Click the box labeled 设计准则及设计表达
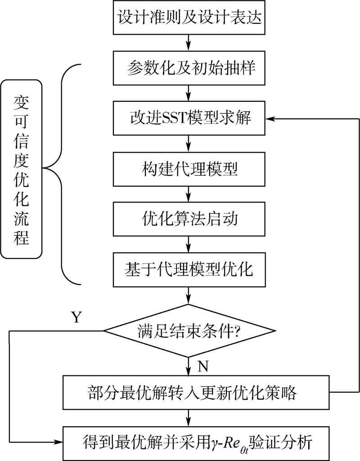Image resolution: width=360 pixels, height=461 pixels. click(x=189, y=18)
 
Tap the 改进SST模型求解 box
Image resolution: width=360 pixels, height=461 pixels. click(x=189, y=118)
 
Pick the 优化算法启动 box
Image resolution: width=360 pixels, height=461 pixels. click(x=189, y=219)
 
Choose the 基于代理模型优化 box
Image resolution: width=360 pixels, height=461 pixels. click(x=189, y=269)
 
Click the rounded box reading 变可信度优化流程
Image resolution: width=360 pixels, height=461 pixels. click(x=21, y=168)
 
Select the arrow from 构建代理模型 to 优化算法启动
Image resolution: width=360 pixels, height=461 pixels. click(x=189, y=194)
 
